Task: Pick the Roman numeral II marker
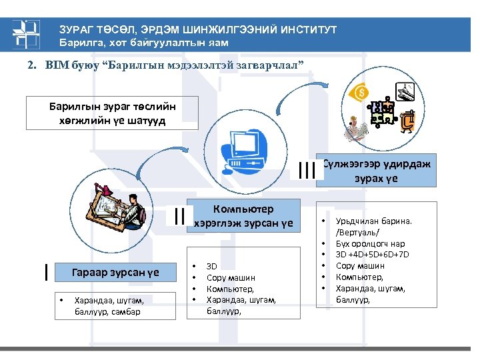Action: (178, 215)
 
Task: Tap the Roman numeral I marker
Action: (45, 271)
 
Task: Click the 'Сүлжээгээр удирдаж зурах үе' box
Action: (377, 170)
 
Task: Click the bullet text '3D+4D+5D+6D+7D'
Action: (373, 255)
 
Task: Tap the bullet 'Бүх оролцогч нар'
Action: (371, 243)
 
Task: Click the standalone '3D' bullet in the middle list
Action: (212, 266)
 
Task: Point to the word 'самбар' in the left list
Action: (127, 311)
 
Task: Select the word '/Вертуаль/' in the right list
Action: (357, 232)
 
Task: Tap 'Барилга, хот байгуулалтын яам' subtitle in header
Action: (145, 43)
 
